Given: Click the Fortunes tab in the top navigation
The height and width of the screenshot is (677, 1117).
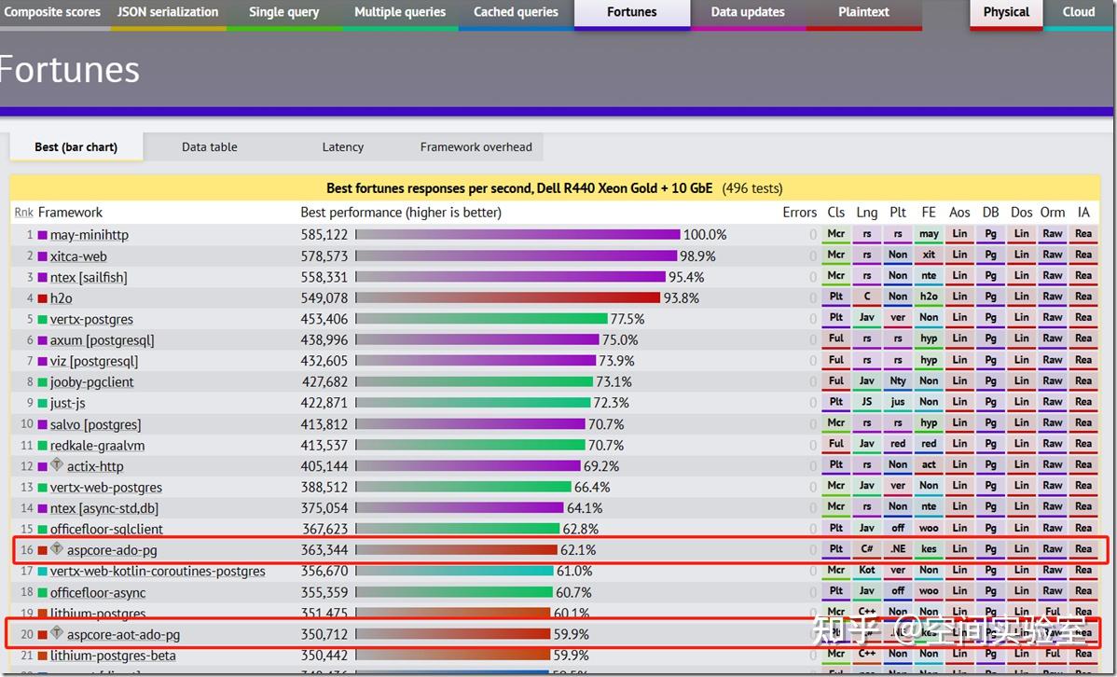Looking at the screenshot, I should point(631,12).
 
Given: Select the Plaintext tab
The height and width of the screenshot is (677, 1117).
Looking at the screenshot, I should point(863,12).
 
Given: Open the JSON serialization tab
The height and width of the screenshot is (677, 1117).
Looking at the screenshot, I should point(168,12).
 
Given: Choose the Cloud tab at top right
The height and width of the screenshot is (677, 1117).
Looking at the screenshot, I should point(1078,12).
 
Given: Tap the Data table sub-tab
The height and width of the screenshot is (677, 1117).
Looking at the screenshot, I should point(209,146).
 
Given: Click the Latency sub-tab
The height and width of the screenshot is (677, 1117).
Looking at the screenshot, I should point(342,146).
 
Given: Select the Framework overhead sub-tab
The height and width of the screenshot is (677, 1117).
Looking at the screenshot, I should point(476,146).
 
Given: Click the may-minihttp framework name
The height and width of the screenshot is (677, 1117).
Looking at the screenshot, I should point(90,235).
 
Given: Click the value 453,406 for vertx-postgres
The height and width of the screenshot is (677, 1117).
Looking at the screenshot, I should point(324,319).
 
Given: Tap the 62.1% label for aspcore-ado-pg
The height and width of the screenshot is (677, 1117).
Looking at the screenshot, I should point(577,550).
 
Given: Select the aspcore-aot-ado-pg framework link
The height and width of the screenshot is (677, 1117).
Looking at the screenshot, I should point(123,635).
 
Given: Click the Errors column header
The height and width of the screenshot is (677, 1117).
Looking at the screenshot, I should point(799,213).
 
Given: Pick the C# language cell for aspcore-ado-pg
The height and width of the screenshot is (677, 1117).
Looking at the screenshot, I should point(867,549).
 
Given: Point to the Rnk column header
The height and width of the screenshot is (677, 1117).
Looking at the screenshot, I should point(23,213).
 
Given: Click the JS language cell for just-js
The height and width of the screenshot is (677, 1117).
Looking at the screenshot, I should point(867,402).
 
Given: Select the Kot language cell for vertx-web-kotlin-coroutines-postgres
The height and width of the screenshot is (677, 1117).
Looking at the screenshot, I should point(867,570).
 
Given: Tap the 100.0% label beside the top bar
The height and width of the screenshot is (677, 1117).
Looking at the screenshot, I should point(705,235).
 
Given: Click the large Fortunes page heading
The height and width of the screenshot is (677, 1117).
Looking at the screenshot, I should point(70,70).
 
